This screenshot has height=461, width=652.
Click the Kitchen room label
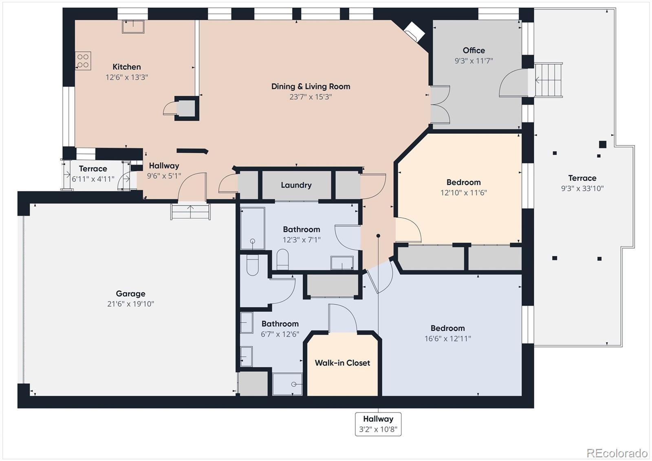coord(127,67)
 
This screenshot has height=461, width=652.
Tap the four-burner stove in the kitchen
coord(83,61)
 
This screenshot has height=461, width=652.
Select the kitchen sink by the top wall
coord(133,26)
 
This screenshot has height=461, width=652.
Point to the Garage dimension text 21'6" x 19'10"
coord(130,304)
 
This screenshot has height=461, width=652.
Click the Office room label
coord(474,51)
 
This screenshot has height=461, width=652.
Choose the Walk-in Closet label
coord(342,363)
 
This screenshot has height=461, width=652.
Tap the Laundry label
coord(296,185)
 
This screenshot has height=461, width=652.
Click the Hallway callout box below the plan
coord(378,424)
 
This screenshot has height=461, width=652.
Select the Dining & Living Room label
coord(311,86)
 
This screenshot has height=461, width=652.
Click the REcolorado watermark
coord(617,453)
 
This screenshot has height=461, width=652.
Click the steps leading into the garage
coord(190,212)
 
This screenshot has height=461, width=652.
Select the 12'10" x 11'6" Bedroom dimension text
coord(463,193)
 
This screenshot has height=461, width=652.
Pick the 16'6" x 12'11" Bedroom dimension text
coord(448,339)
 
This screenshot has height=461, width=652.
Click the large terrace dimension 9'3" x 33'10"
coord(582,188)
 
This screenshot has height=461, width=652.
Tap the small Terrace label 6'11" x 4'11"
coord(93,179)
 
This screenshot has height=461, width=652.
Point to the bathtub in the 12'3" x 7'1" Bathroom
coord(252,228)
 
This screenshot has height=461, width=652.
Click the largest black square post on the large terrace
coord(603,144)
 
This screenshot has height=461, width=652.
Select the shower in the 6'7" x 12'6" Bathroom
coord(287,384)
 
